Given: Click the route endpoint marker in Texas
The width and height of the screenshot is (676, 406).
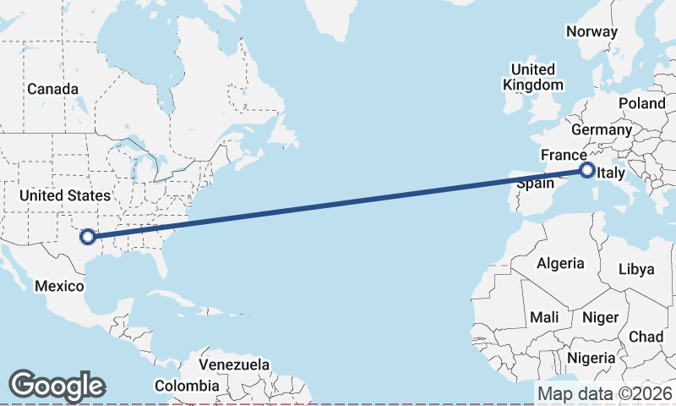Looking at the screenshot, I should click(x=86, y=237).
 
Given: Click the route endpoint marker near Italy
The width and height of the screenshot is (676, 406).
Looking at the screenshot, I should click(x=587, y=171).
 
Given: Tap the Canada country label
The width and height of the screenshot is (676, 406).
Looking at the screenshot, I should click(x=52, y=90).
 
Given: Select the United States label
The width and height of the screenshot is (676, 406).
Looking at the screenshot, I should click(x=65, y=195).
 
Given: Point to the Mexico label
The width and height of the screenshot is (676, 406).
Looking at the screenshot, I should click(x=59, y=286).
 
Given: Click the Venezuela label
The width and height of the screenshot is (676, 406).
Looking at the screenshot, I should click(x=234, y=365).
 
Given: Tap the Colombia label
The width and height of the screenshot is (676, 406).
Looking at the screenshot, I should click(x=187, y=386).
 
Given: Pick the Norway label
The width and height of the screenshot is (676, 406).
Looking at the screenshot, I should click(x=592, y=31).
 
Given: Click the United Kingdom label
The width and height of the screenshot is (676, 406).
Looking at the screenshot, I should click(x=532, y=77).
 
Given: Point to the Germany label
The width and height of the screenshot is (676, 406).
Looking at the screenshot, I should click(x=601, y=130).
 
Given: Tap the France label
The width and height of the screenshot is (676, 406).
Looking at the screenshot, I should click(x=564, y=156).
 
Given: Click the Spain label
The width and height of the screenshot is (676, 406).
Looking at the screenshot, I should click(x=535, y=183).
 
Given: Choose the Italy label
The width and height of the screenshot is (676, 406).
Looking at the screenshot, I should click(x=611, y=174).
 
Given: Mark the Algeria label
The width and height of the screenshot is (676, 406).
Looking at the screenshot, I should click(x=559, y=263).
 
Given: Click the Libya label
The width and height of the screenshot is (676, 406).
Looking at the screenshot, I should click(x=636, y=269).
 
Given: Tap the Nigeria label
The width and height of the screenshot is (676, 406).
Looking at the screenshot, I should click(x=591, y=358).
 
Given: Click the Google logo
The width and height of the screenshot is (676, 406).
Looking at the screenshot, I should click(x=57, y=386).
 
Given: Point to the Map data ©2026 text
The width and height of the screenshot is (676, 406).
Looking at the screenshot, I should click(x=604, y=393).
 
